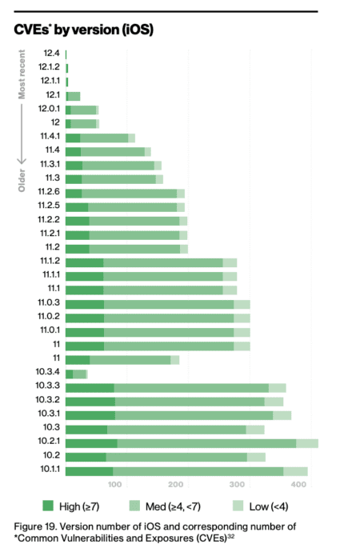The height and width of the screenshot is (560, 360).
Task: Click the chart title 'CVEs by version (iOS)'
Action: click(x=83, y=30)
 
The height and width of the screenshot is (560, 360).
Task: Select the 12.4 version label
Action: click(x=52, y=54)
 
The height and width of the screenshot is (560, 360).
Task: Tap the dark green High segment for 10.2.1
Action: click(x=91, y=443)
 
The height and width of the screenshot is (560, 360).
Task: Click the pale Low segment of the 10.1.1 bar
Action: click(x=295, y=471)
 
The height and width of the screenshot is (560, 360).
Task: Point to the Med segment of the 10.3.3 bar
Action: click(x=191, y=388)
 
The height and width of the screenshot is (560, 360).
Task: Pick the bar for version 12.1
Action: click(x=73, y=96)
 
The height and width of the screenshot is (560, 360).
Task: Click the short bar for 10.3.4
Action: click(x=77, y=374)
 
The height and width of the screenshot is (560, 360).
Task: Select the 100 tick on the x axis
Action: click(x=114, y=485)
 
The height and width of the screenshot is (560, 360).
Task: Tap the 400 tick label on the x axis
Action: click(x=298, y=485)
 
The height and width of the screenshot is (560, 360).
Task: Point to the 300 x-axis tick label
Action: click(x=237, y=485)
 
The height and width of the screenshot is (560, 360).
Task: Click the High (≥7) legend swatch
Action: click(x=48, y=506)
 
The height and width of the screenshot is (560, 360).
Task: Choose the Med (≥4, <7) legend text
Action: click(x=174, y=506)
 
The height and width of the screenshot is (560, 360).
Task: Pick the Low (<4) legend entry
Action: click(x=260, y=506)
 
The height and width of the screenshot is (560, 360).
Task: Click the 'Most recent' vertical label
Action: click(x=22, y=74)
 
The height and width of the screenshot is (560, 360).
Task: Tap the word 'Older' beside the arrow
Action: click(x=22, y=180)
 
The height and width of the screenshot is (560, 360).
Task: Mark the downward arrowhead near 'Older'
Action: click(x=22, y=160)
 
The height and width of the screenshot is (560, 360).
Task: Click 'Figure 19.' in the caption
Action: click(x=35, y=526)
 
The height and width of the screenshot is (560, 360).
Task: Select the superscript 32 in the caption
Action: click(x=230, y=536)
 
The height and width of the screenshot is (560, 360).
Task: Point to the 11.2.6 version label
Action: click(x=49, y=192)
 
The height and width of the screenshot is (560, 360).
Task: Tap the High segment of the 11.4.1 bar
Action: click(x=73, y=138)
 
